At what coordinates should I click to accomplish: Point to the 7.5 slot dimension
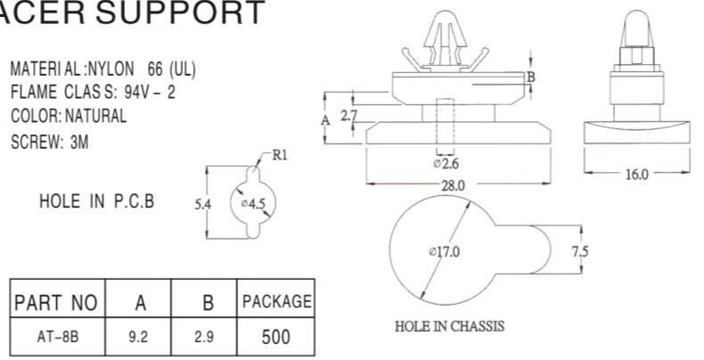click(579, 252)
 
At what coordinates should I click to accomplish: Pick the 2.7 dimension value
click(349, 115)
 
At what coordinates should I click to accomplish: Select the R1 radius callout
click(280, 154)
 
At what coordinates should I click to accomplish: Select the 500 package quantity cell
click(275, 337)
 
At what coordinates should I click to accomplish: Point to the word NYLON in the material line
click(115, 70)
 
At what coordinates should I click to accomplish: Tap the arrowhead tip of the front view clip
click(447, 12)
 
